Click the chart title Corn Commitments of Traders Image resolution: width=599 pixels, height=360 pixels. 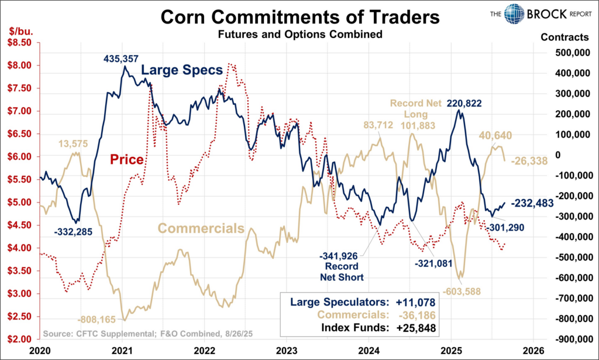click(299, 16)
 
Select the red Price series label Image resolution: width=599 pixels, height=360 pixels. click(128, 159)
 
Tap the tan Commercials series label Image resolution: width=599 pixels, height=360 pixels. click(201, 228)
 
